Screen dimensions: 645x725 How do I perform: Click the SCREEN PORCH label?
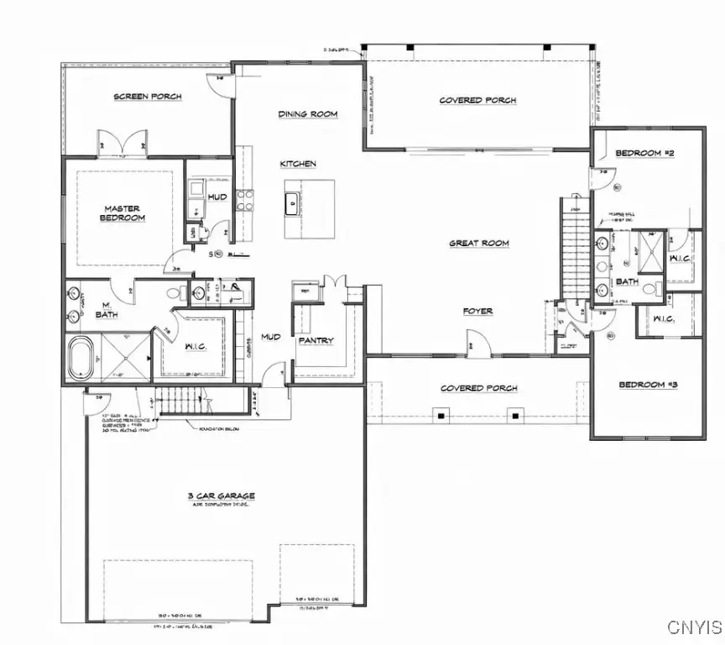tap(148, 97)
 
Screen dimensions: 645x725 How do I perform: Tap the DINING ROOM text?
tap(308, 113)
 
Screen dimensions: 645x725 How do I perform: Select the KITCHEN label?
tap(298, 164)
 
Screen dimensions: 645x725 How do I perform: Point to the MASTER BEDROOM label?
tap(124, 213)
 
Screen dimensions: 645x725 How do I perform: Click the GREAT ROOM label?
tap(479, 244)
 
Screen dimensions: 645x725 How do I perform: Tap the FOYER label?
tap(477, 311)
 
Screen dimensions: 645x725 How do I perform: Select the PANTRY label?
tap(316, 340)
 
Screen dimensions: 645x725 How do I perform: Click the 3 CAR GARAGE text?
tap(222, 496)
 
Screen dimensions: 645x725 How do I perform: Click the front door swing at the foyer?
tap(474, 343)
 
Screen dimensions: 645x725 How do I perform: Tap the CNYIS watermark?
tap(694, 627)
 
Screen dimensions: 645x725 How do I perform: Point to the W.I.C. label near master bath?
tap(196, 345)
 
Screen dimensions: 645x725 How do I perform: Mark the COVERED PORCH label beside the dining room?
tap(477, 101)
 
